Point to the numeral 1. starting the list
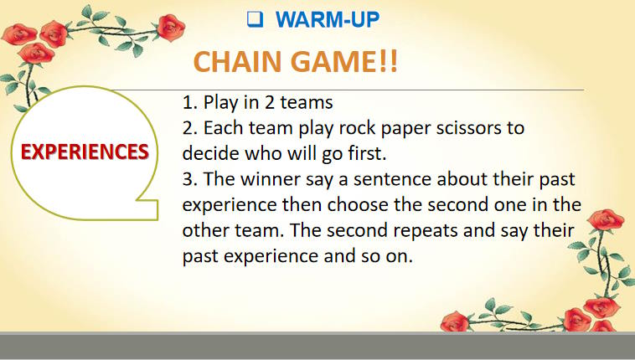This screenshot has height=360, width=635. (x=189, y=104)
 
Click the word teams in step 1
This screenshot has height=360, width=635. (x=307, y=104)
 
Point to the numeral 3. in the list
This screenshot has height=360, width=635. (x=189, y=181)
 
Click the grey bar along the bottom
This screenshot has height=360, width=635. (x=317, y=346)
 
